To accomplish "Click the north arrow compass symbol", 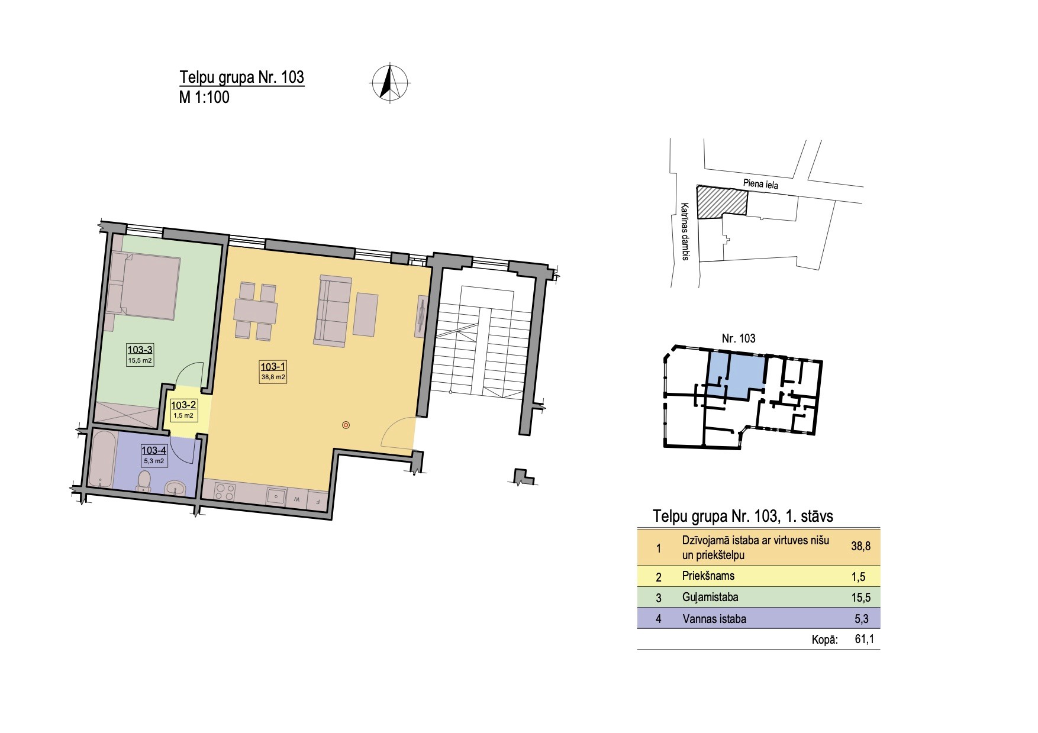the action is point(389,82).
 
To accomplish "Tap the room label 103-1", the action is point(273,367).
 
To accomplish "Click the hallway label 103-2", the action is point(183,405).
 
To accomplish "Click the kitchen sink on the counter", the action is point(276,496).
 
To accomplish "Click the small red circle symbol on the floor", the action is point(346,424).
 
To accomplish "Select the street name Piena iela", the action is point(760,184).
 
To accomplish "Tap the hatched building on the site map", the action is point(721,202).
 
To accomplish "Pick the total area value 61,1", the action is point(863,639).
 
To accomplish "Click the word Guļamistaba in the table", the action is point(710,598).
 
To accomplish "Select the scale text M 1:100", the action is point(204,97).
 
